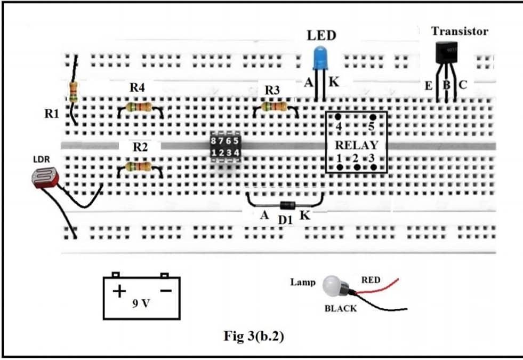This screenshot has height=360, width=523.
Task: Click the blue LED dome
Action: [x=320, y=57]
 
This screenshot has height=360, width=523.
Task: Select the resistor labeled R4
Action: [x=140, y=108]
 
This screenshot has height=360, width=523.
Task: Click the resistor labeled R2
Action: [x=140, y=167]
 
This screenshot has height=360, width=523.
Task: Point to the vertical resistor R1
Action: [x=73, y=92]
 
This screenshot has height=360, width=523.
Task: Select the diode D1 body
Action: [x=287, y=205]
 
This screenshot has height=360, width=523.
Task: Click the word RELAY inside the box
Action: [x=356, y=145]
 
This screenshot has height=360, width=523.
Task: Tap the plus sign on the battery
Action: [x=119, y=292]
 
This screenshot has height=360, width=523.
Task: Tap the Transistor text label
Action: [x=460, y=31]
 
